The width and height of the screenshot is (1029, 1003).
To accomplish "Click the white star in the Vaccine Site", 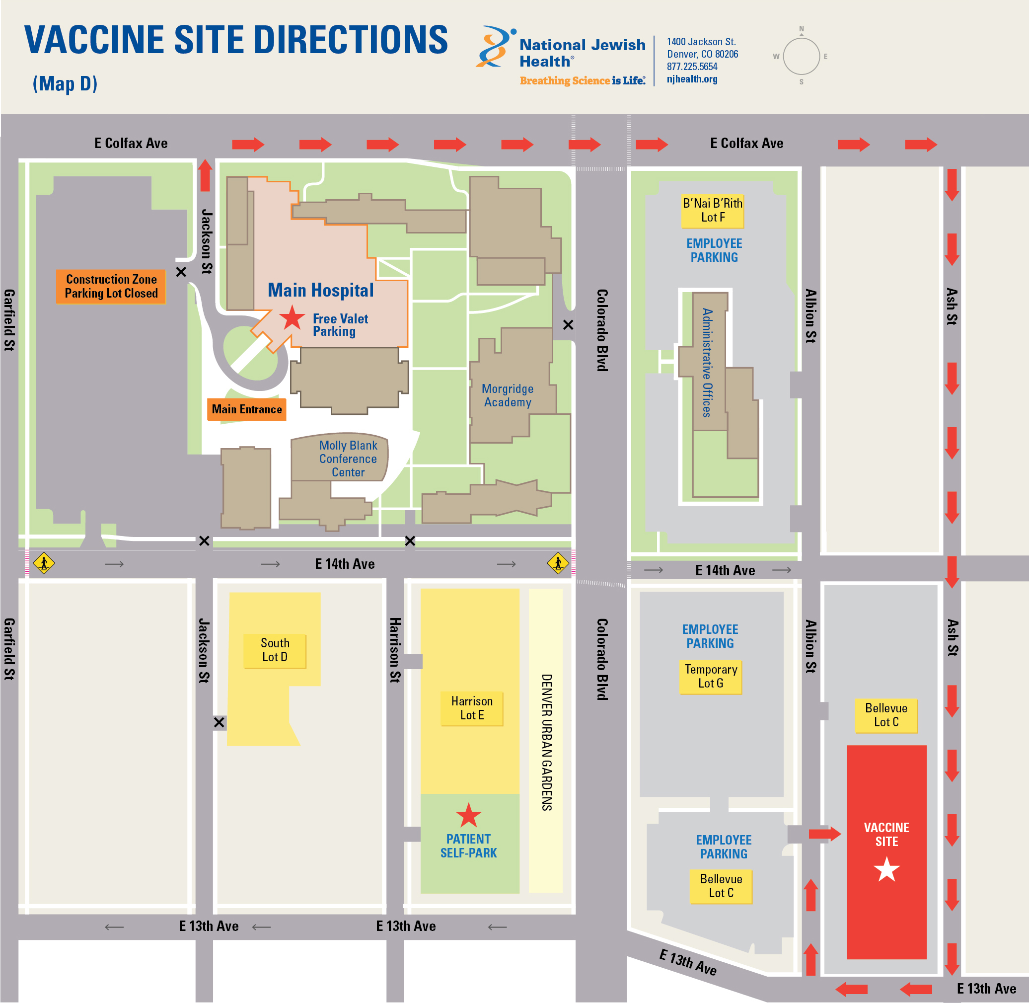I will [x=886, y=870].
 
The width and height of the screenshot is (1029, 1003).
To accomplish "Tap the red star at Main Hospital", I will [x=292, y=317].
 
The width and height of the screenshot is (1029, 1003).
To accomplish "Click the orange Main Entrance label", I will [x=246, y=409].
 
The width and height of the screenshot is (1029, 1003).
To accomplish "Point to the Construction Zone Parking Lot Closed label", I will [x=111, y=286].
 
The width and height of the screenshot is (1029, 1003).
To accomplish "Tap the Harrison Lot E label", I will [x=471, y=708].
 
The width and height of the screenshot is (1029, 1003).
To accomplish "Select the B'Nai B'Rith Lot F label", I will [x=712, y=210].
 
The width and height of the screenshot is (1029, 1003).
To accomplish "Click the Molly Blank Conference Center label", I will [x=348, y=459].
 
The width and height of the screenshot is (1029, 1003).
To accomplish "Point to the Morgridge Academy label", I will [x=507, y=395].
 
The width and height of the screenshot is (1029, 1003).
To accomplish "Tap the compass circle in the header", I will [x=801, y=56].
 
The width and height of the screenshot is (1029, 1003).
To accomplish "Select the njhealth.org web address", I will [x=691, y=79].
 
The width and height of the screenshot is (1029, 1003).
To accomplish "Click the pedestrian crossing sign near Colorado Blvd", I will [x=558, y=563].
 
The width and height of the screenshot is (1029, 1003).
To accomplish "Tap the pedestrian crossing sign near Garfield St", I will [x=44, y=563].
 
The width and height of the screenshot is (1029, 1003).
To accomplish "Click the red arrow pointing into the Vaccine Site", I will [x=824, y=834].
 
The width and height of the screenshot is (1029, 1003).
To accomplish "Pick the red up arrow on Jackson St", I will [x=205, y=175].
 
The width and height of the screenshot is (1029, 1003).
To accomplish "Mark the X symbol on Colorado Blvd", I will [x=568, y=325].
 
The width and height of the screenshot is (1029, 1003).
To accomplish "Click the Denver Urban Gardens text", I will [x=547, y=742].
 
